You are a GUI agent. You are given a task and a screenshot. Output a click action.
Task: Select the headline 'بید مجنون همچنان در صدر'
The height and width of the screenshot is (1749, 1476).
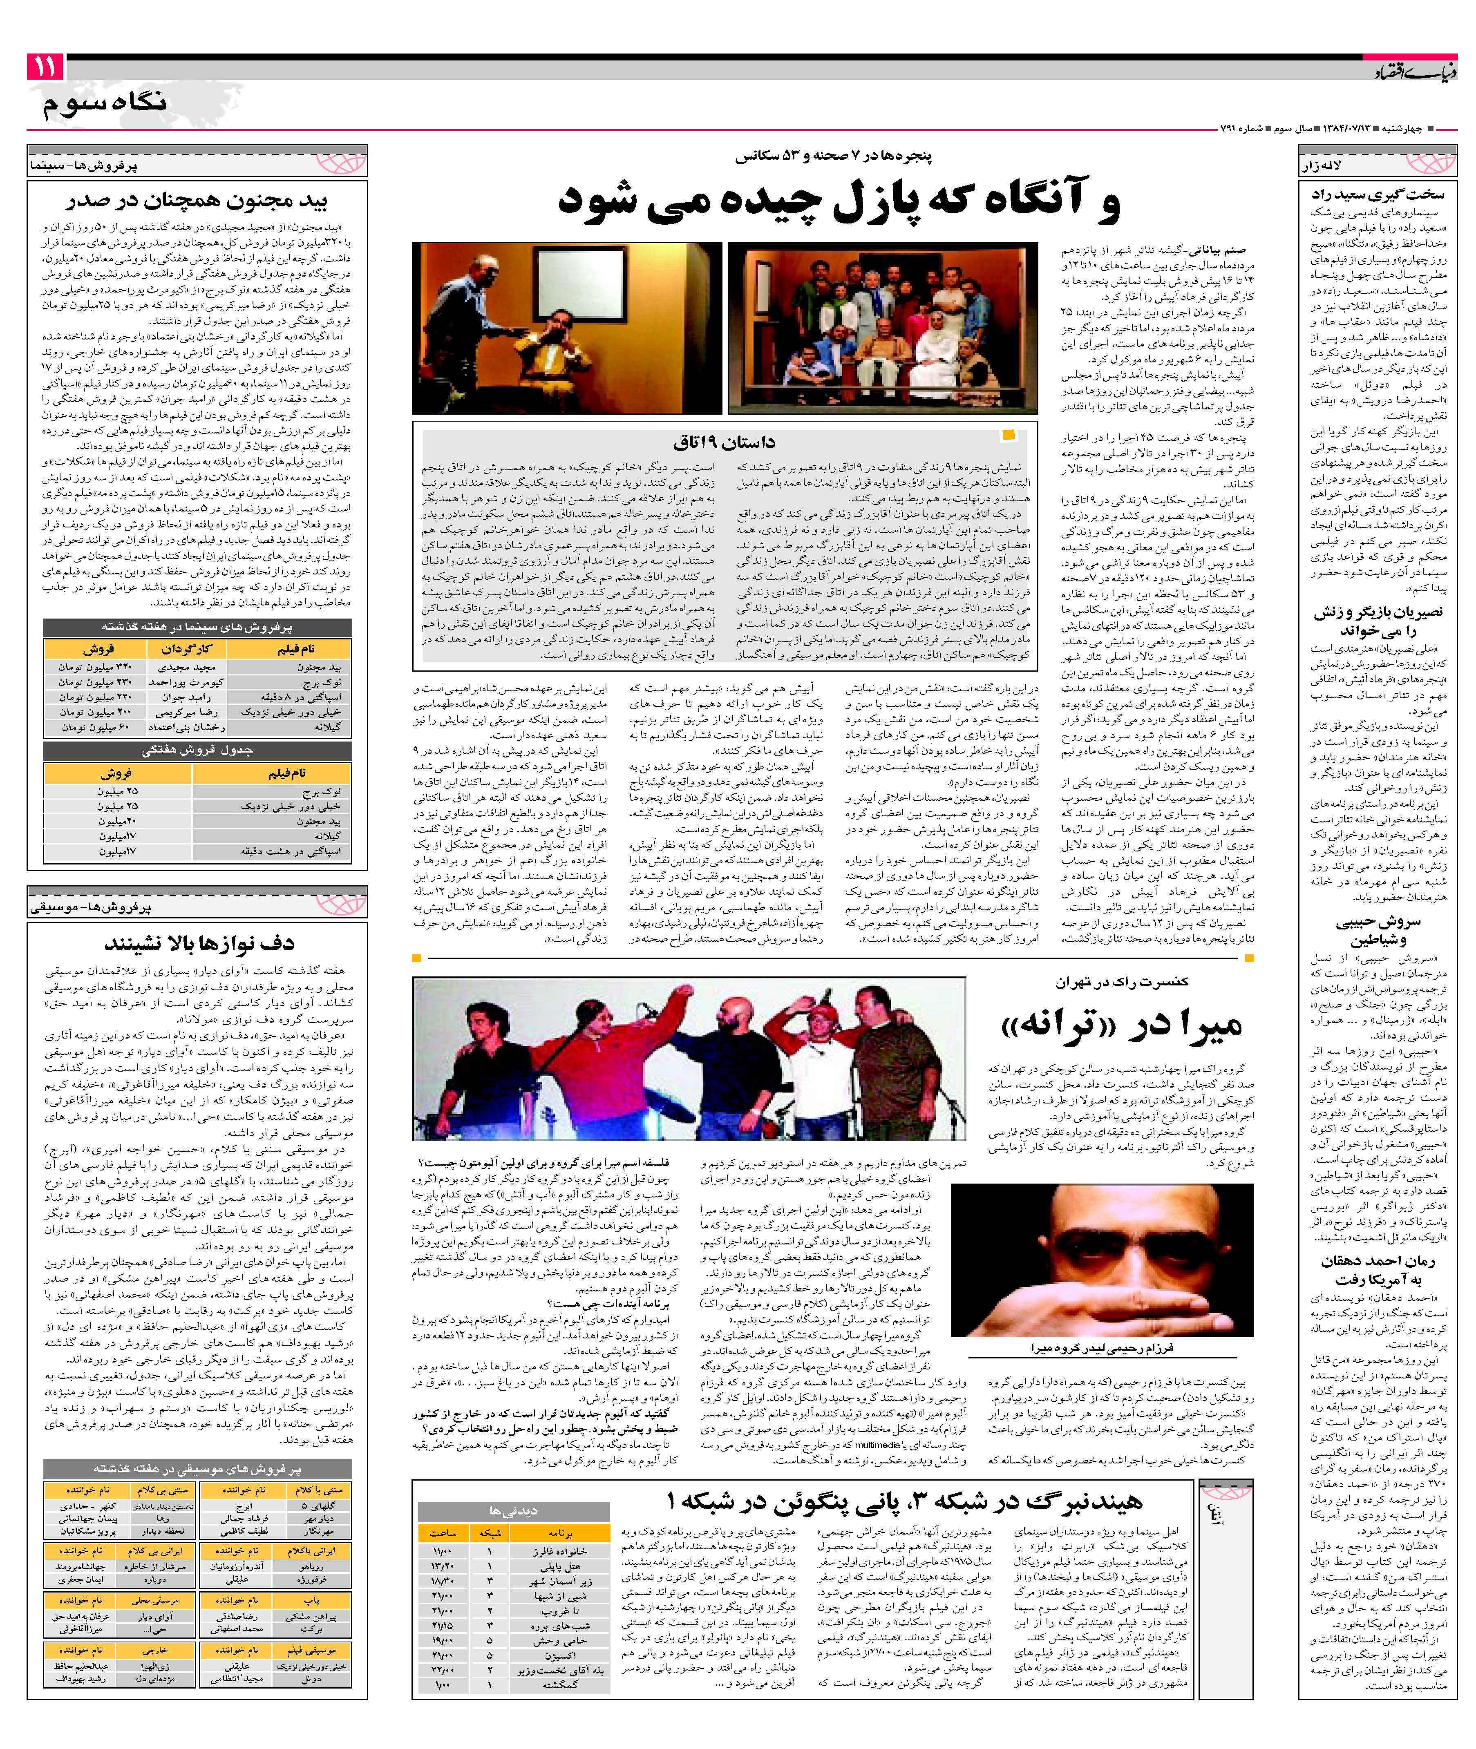[197, 201]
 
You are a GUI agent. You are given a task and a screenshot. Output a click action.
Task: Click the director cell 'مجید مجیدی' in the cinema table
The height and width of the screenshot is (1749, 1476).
[187, 668]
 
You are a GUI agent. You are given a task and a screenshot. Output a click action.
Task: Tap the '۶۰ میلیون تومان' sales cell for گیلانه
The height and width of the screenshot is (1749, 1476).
[94, 727]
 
